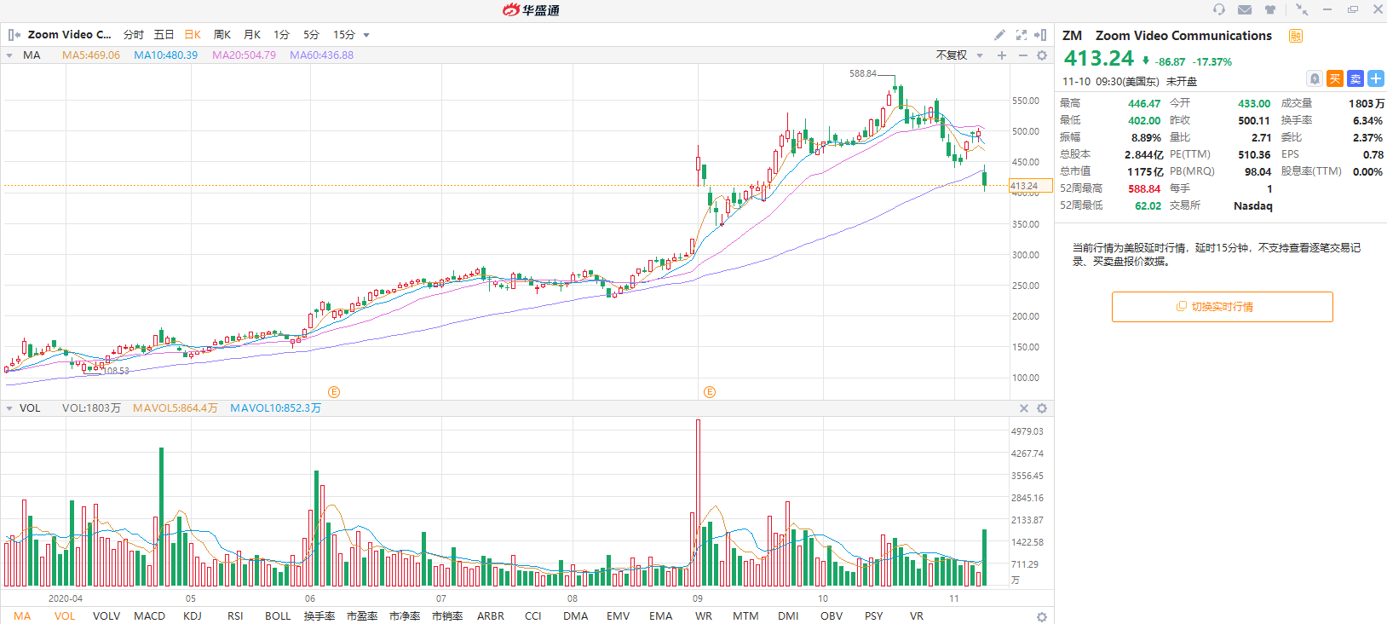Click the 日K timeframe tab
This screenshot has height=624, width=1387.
(x=193, y=35)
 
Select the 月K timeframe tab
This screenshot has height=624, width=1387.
(x=252, y=35)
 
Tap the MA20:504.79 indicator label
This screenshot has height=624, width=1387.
(x=244, y=55)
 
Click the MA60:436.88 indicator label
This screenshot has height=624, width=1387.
(x=321, y=55)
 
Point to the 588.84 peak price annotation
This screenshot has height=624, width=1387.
(x=863, y=74)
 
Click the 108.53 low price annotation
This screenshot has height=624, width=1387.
(x=116, y=371)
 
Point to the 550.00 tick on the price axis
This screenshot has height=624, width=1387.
(x=1025, y=101)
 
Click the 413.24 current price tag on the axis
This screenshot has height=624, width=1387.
(x=1024, y=186)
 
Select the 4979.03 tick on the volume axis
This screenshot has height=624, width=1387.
(x=1027, y=432)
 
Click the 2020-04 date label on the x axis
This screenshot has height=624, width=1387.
(x=66, y=598)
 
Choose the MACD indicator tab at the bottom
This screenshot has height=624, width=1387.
(x=149, y=616)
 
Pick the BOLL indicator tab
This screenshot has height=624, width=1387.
(x=278, y=616)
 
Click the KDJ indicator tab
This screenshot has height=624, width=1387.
(x=193, y=616)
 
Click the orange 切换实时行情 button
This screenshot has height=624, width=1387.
(x=1222, y=307)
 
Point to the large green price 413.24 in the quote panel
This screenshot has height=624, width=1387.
(x=1099, y=59)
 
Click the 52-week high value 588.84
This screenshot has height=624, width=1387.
(x=1144, y=189)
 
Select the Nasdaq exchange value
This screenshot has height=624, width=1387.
(x=1252, y=206)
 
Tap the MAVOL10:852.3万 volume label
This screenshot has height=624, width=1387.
(x=275, y=408)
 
